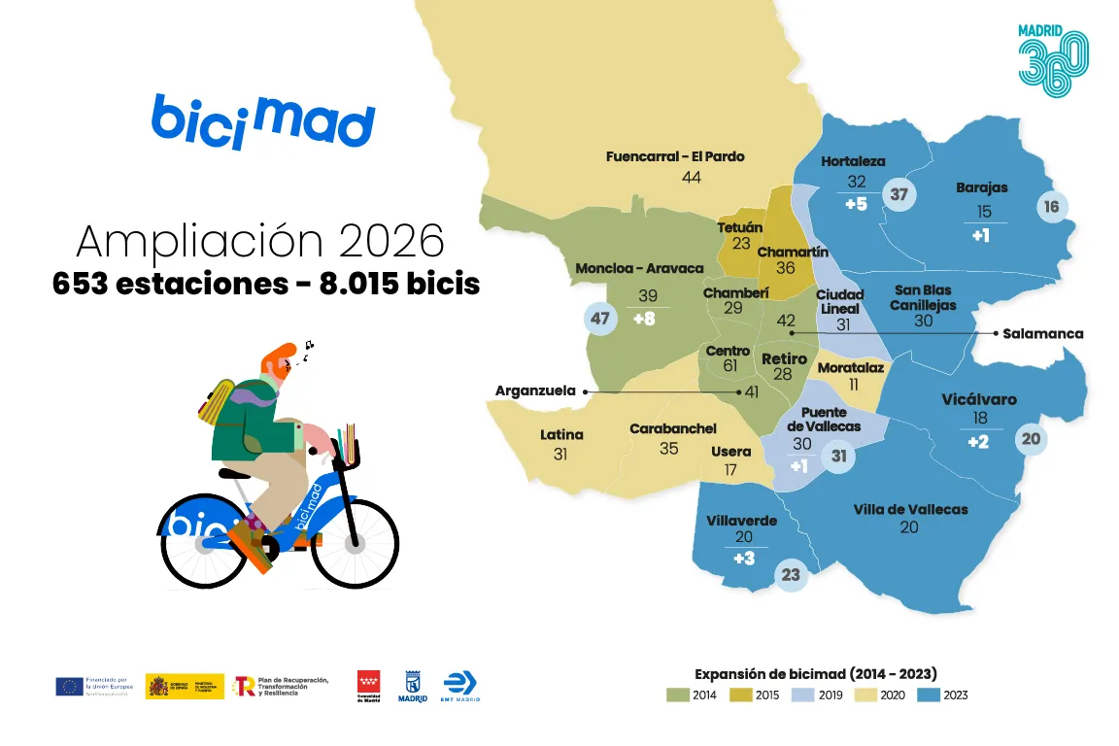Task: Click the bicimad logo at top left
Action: click(x=262, y=121)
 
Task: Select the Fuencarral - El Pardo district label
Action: click(x=675, y=156)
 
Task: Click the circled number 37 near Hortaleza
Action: click(x=899, y=194)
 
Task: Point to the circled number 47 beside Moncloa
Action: click(x=599, y=319)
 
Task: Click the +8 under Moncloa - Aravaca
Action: click(x=644, y=318)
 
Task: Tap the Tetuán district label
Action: click(x=740, y=226)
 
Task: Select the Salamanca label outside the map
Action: click(x=1042, y=333)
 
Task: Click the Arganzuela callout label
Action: click(x=535, y=390)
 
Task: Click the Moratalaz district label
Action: click(x=851, y=368)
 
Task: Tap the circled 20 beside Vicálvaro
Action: click(x=1032, y=439)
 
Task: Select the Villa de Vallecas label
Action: click(x=910, y=509)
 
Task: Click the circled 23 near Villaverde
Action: click(x=792, y=574)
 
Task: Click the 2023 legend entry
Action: click(x=942, y=695)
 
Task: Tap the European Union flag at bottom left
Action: click(x=69, y=686)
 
